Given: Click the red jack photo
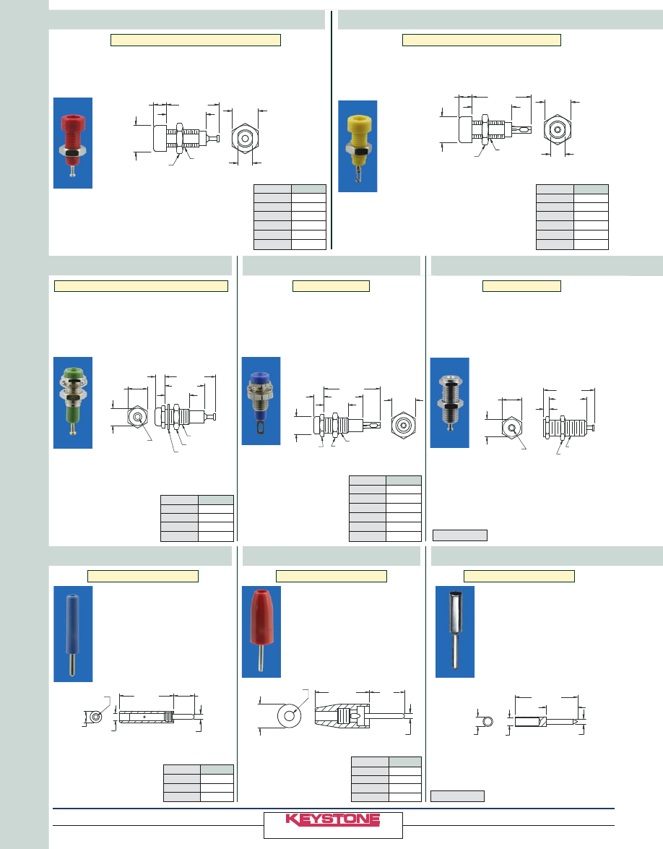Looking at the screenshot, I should [x=73, y=143].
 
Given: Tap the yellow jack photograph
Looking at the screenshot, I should [x=358, y=146].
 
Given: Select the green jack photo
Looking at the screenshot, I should [x=73, y=402].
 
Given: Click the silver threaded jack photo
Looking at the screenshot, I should [x=449, y=402].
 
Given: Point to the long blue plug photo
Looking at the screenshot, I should [x=73, y=634].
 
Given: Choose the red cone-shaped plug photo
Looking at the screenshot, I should [x=261, y=632].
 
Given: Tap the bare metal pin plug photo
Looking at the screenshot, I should [x=455, y=632].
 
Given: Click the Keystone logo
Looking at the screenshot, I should [x=333, y=820].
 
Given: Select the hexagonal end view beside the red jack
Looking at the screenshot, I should [x=243, y=137].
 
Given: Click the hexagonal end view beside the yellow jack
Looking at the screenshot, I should [x=557, y=130].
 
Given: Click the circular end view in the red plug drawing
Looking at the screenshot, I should [x=290, y=715].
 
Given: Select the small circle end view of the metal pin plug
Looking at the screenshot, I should [x=488, y=721].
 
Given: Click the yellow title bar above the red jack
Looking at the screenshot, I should [x=195, y=40].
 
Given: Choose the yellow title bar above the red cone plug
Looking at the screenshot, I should [x=331, y=576].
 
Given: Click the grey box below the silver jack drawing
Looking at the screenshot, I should [x=460, y=535].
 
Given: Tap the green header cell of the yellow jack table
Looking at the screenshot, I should [x=591, y=189].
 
